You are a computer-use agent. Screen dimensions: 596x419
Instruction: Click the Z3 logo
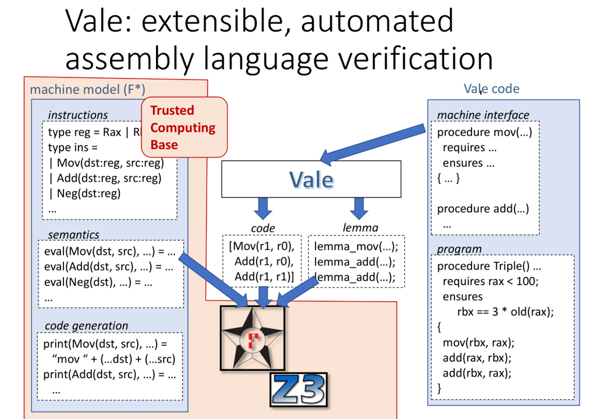point(299,389)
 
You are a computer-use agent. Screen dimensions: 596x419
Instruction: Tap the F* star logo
point(253,338)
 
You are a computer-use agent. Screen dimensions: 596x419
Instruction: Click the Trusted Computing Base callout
point(185,127)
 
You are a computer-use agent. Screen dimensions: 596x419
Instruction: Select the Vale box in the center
point(311,179)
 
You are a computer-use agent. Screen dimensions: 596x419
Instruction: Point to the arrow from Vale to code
point(263,208)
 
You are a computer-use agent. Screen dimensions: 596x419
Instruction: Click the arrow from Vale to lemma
point(359,208)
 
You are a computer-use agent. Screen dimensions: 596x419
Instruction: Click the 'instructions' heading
point(78,115)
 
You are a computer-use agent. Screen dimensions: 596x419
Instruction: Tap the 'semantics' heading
point(73,235)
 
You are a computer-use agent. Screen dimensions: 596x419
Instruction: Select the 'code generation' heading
point(86,325)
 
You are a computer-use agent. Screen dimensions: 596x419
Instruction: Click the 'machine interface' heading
point(483,115)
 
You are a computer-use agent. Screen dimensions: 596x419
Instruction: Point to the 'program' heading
point(459,249)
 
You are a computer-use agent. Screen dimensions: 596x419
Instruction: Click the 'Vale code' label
point(491,88)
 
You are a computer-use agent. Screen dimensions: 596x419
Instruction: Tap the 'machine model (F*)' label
point(87,90)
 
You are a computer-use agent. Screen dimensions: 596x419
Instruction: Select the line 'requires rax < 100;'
point(491,281)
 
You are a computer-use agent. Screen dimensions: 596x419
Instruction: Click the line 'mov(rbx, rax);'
point(478,343)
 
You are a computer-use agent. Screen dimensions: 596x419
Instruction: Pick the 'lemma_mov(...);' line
point(356,246)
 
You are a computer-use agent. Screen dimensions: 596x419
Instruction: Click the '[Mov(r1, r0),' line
point(261,246)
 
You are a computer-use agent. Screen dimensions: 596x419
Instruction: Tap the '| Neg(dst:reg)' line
point(85,194)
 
